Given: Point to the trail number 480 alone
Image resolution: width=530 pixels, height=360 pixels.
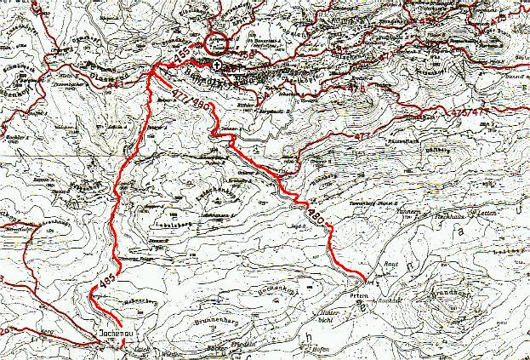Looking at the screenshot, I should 313,211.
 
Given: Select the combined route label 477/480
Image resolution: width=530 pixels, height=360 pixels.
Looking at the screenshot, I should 190,100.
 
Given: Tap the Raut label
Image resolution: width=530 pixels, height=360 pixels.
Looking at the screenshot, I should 392,266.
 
